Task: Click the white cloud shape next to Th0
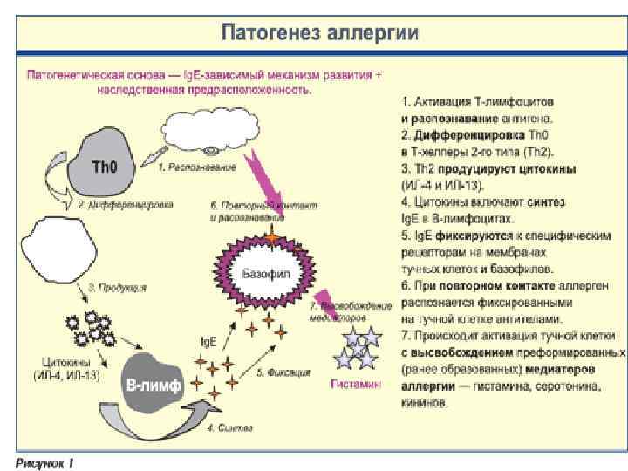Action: [221, 133]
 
